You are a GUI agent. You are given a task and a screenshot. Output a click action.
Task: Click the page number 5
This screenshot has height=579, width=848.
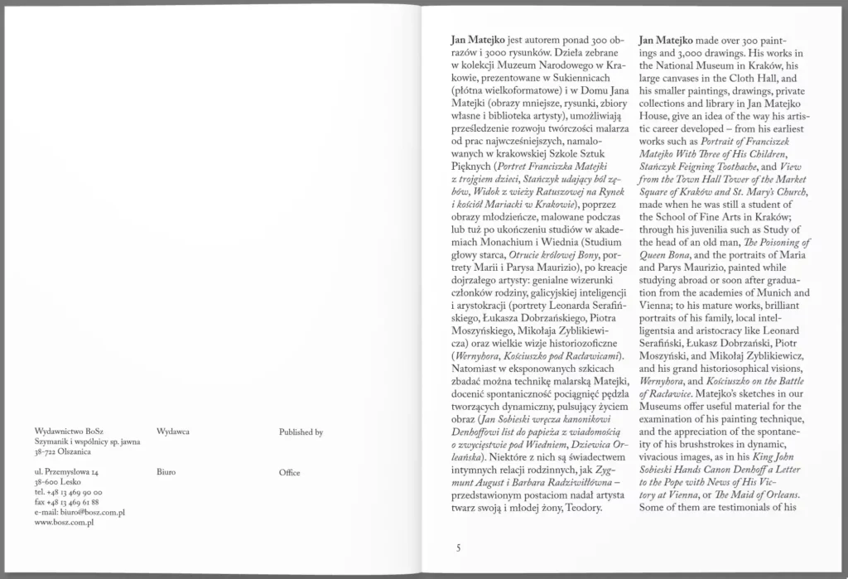click(x=457, y=548)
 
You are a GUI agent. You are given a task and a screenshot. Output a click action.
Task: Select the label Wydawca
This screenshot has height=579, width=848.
click(x=173, y=432)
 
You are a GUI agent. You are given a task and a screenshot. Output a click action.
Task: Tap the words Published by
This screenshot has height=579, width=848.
click(x=301, y=432)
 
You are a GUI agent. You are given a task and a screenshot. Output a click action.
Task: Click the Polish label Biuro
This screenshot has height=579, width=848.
click(x=166, y=472)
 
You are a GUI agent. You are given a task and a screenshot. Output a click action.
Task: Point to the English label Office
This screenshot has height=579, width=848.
click(x=289, y=472)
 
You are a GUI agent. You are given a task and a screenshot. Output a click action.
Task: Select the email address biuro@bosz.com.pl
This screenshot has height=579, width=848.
click(x=80, y=513)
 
